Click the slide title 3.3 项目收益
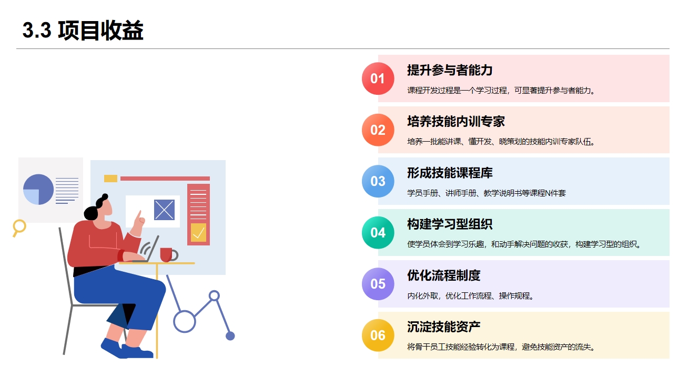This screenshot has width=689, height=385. (83, 31)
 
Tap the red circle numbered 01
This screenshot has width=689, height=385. (378, 78)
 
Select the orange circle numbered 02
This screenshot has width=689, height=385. (378, 130)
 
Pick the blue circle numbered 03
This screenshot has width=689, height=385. (378, 181)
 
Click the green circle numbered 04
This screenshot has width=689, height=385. (378, 233)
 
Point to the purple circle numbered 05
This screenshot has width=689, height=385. (378, 284)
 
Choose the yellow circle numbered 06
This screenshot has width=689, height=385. (378, 335)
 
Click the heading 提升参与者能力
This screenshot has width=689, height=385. (450, 70)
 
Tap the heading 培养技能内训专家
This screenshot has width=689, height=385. (455, 122)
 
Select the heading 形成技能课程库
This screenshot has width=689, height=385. (450, 173)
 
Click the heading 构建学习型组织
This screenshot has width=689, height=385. (450, 224)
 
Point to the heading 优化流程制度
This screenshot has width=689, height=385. (443, 275)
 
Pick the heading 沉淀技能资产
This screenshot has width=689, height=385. (443, 327)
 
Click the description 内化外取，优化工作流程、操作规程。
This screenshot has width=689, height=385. (471, 296)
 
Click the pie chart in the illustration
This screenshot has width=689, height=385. (38, 190)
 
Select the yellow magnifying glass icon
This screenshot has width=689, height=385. (19, 226)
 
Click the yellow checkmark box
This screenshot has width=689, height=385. (198, 232)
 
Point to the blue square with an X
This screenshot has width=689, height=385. (164, 210)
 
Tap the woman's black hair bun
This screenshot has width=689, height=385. (104, 198)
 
